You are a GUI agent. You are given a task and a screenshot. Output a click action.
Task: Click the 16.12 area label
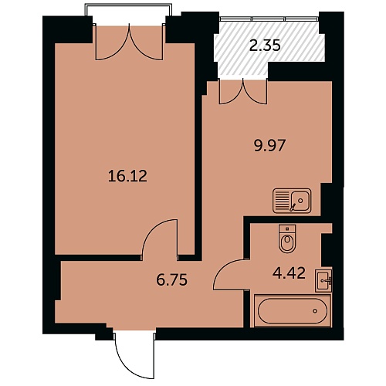click(127, 177)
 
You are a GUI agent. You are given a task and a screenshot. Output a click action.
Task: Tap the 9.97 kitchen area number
click(269, 146)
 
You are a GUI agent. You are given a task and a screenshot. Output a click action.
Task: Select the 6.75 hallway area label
click(172, 279)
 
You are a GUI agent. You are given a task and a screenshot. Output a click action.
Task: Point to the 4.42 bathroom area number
click(289, 273)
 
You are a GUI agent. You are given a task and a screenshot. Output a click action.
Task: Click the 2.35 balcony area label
click(265, 46)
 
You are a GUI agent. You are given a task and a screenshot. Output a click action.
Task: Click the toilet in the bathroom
click(287, 239)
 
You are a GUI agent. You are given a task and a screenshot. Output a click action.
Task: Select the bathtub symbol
click(292, 310)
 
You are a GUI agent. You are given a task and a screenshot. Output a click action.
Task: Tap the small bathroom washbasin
click(323, 281)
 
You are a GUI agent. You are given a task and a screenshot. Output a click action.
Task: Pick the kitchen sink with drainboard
click(292, 201)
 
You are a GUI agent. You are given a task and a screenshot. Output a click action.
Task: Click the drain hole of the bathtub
click(315, 311)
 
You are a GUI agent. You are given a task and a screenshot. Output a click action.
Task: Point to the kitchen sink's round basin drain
click(300, 200)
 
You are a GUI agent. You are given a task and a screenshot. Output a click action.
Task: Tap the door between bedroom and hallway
click(160, 238)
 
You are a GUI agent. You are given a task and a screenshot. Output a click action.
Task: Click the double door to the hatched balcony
click(243, 93)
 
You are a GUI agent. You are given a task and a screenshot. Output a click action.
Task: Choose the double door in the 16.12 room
click(129, 42)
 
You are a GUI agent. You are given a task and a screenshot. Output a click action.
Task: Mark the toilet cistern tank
click(287, 229)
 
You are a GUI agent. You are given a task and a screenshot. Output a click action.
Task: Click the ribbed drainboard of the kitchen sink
click(282, 201)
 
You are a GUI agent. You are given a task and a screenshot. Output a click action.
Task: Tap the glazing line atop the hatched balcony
click(269, 19)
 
